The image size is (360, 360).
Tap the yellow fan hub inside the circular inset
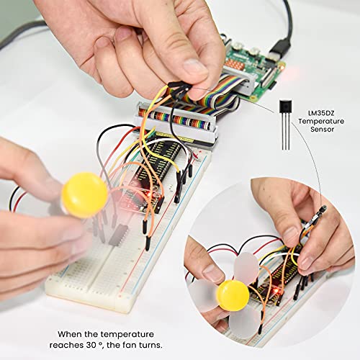pyautogui.click(x=233, y=295)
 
